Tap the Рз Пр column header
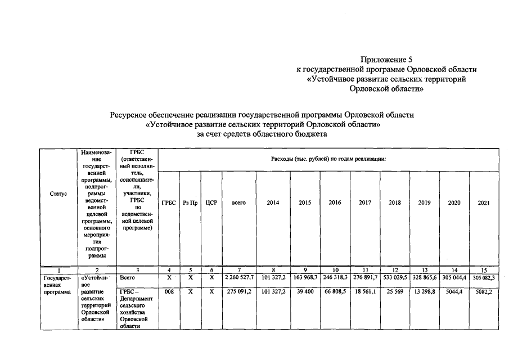pyautogui.click(x=190, y=202)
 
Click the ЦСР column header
pyautogui.click(x=211, y=202)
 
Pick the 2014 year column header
pyautogui.click(x=272, y=202)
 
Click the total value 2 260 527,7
pyautogui.click(x=239, y=277)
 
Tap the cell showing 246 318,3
pyautogui.click(x=335, y=277)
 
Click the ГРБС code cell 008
pyautogui.click(x=169, y=292)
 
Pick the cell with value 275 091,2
pyautogui.click(x=239, y=292)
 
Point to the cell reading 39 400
pyautogui.click(x=305, y=292)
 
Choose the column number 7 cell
pyautogui.click(x=239, y=270)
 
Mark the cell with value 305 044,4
pyautogui.click(x=454, y=277)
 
